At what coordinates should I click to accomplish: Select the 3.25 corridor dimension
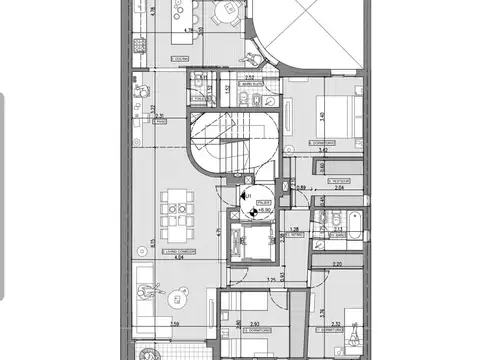(271, 280)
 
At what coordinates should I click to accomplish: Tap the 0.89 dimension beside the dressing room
(301, 187)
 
